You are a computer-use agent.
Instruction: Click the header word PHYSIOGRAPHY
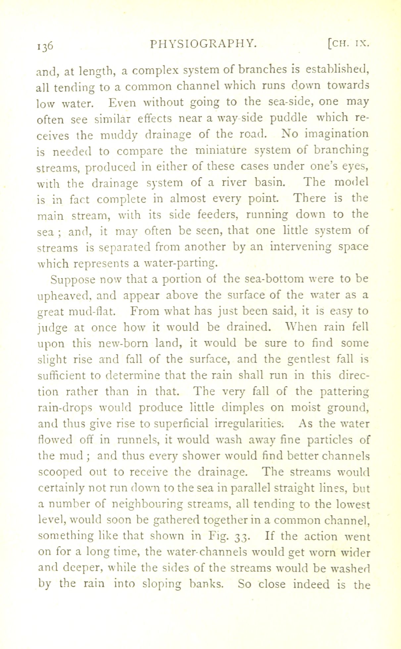click(203, 43)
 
